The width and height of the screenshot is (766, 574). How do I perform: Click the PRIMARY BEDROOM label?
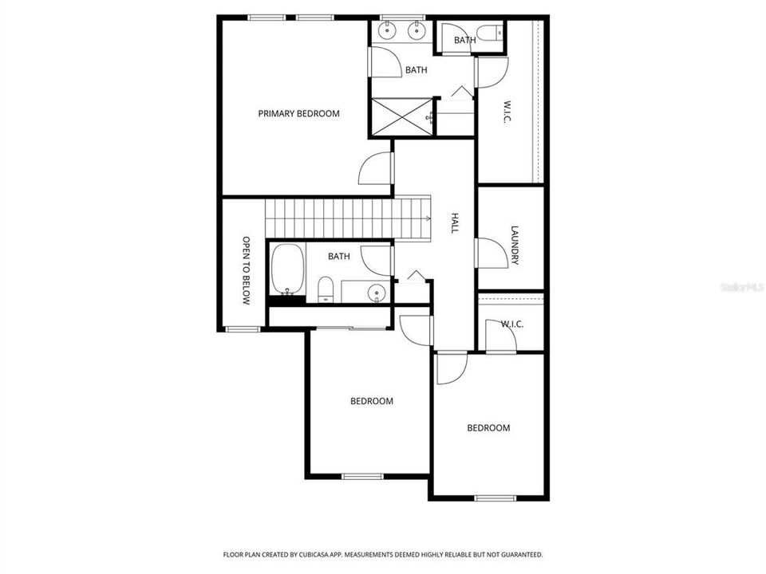pyautogui.click(x=298, y=113)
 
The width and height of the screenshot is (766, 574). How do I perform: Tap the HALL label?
pyautogui.click(x=455, y=222)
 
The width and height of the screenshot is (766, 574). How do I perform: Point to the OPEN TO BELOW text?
pyautogui.click(x=247, y=271)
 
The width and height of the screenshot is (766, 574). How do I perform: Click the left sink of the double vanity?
pyautogui.click(x=389, y=31)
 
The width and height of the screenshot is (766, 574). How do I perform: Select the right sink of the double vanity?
pyautogui.click(x=416, y=31)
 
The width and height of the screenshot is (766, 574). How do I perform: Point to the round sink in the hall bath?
pyautogui.click(x=377, y=293)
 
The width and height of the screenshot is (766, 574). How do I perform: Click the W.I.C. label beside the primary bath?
pyautogui.click(x=507, y=111)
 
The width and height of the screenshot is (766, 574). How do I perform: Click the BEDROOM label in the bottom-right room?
pyautogui.click(x=488, y=428)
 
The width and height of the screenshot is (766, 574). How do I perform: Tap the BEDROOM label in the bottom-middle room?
pyautogui.click(x=372, y=401)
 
